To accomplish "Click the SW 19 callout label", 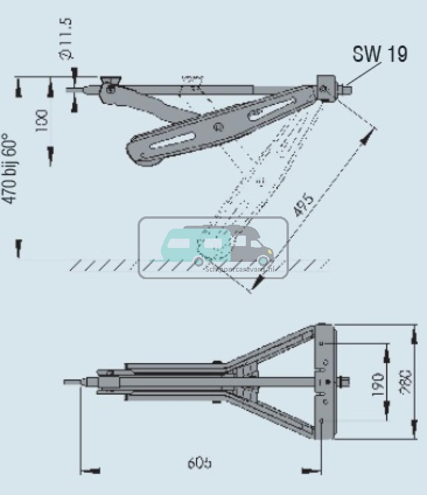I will pos(380,54).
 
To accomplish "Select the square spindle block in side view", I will pos(325,88).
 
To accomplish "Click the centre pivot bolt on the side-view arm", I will pos(217,127).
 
